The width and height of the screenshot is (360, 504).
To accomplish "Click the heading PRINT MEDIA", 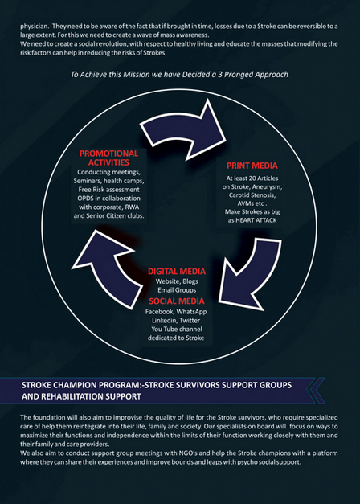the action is [252, 166].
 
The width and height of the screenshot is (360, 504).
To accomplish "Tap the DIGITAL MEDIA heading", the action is [177, 271].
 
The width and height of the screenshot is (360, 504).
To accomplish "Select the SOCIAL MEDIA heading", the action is [177, 301].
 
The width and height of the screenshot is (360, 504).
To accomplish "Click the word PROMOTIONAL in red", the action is [109, 154].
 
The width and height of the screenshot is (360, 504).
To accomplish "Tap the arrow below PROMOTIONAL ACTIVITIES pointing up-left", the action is [106, 268].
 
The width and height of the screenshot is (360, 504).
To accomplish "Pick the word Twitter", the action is [190, 321].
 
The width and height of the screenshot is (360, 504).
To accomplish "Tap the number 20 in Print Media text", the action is [252, 178].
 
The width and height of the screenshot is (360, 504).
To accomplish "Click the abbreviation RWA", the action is [133, 207].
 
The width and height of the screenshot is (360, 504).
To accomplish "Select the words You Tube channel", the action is [177, 329].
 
